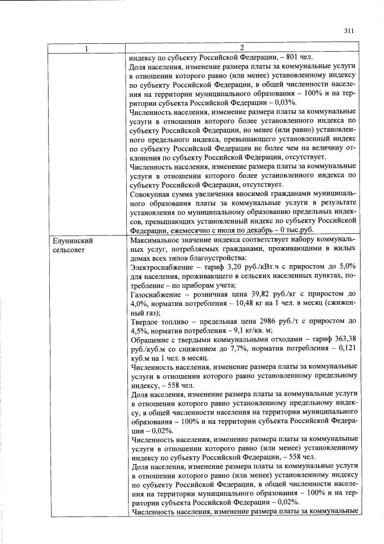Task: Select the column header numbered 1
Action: (86, 49)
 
